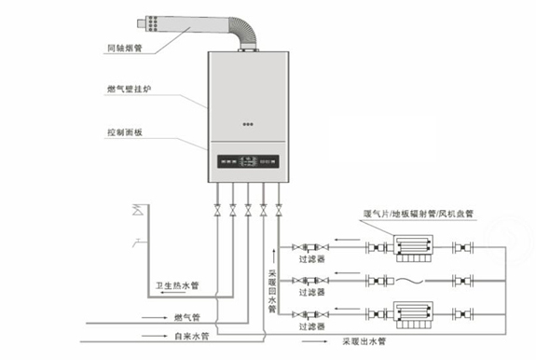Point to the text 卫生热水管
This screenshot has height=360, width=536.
click(177, 284)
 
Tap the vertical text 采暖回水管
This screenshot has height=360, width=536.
click(272, 288)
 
